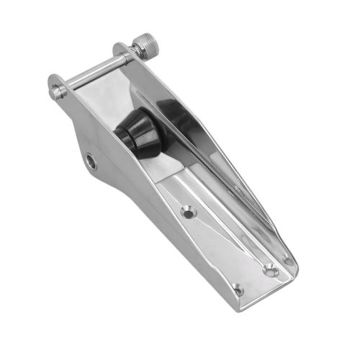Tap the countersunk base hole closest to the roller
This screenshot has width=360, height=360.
click(189, 212)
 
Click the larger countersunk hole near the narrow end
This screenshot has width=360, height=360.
click(269, 271)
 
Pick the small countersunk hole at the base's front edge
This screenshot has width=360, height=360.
click(238, 290)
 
